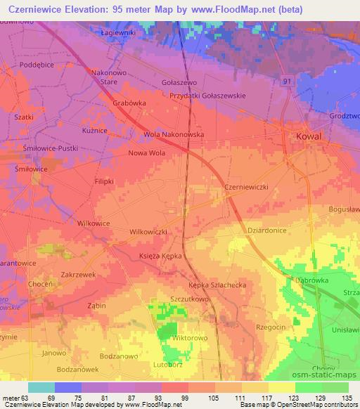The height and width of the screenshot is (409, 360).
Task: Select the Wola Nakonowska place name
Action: (174, 134)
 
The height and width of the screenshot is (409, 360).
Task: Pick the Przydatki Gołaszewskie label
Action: (218, 96)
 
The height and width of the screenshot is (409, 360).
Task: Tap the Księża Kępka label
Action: (160, 257)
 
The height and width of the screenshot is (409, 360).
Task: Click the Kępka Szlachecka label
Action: (217, 285)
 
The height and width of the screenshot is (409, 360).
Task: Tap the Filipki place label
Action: (104, 181)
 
